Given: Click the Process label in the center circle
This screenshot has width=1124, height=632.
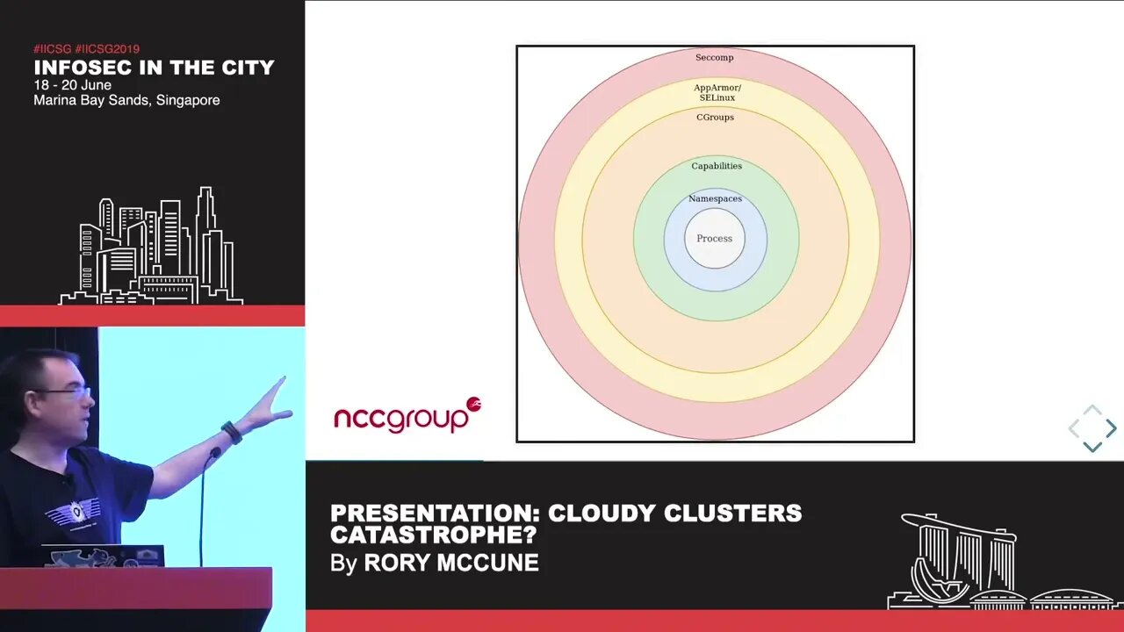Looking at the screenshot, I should (x=714, y=239).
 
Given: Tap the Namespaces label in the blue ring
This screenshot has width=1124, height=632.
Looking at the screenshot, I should (x=715, y=199).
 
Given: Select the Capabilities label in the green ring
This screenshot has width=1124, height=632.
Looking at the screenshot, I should (x=717, y=166).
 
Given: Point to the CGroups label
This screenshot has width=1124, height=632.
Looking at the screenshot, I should (x=715, y=118).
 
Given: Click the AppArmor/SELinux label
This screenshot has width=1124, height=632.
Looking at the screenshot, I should (x=717, y=92).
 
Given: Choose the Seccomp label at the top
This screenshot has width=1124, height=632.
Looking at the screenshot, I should (x=714, y=58).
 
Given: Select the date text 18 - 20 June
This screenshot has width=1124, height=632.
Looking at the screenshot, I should (x=74, y=85).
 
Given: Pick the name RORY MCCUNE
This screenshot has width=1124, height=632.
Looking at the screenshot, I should (x=451, y=563).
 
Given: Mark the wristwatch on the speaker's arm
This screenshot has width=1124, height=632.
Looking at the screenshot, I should (x=232, y=432).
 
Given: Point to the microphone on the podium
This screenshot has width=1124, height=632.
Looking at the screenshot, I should (x=213, y=454).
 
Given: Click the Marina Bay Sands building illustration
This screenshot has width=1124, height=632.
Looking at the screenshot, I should (x=957, y=562).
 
